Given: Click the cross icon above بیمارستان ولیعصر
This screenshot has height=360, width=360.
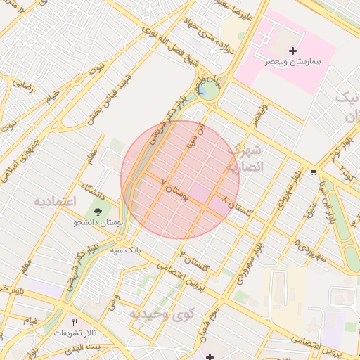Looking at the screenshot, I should click(x=293, y=51).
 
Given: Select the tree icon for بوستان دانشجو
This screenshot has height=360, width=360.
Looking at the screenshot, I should click(x=98, y=210).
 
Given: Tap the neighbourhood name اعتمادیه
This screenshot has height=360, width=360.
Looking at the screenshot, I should click(x=54, y=202).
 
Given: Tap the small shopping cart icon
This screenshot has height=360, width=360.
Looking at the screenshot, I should click(x=313, y=171).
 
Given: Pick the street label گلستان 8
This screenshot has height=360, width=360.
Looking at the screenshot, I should click(x=236, y=206).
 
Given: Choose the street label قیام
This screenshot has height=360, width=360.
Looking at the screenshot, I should click(x=32, y=321).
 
